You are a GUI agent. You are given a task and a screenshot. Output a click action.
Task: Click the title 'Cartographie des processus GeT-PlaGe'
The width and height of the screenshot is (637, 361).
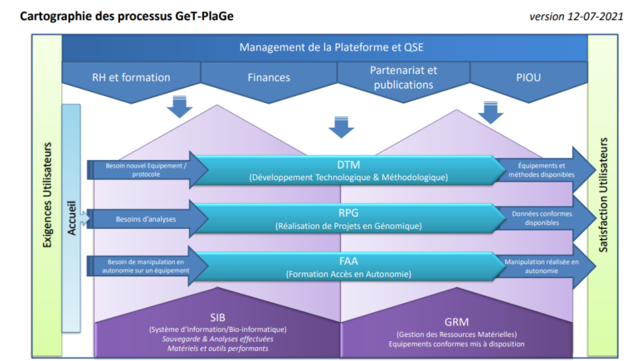127,17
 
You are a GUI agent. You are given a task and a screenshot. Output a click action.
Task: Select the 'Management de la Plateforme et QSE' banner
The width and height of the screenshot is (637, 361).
331,47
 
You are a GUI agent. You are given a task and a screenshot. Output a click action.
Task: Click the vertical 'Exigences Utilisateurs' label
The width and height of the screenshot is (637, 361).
47,195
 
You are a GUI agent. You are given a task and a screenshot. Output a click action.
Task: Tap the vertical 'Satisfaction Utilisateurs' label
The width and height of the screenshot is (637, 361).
603,195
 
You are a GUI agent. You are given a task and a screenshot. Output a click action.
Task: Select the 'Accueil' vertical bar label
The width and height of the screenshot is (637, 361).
71,218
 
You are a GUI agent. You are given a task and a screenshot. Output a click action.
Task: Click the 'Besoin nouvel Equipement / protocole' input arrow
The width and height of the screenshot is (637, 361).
147,170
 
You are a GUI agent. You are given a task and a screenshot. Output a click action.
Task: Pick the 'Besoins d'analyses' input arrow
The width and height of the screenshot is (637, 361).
147,219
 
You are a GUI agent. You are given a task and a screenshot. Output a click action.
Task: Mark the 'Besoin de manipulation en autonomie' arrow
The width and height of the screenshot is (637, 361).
147,266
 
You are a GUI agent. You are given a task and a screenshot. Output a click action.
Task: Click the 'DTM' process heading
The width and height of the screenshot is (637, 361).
348,164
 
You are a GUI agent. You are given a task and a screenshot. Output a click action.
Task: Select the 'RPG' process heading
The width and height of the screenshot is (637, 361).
348,213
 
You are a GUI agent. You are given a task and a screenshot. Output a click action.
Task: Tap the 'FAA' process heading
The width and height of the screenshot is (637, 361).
348,261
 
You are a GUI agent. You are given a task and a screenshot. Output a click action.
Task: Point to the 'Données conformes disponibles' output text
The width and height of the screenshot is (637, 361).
542,218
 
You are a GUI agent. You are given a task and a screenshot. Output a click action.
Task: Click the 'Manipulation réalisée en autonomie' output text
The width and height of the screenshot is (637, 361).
542,266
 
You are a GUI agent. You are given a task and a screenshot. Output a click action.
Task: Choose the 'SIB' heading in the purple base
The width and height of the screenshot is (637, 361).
218,318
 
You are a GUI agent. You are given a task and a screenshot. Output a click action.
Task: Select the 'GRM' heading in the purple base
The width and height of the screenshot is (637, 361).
457,322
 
